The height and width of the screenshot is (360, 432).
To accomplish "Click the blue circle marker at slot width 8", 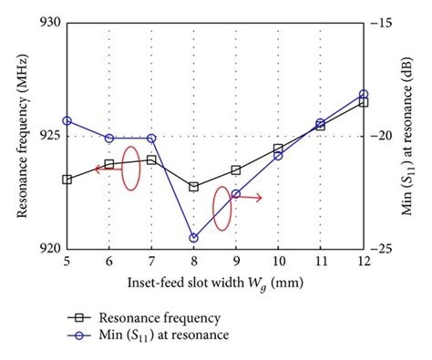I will (193, 238).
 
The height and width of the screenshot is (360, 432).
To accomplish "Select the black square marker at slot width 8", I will (193, 187).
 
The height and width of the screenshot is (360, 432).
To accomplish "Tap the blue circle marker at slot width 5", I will (67, 120).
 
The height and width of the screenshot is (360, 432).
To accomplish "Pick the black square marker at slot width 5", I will (67, 180).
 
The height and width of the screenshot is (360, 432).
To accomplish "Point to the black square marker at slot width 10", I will (278, 149).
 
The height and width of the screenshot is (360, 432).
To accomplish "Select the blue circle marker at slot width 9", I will (236, 194).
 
